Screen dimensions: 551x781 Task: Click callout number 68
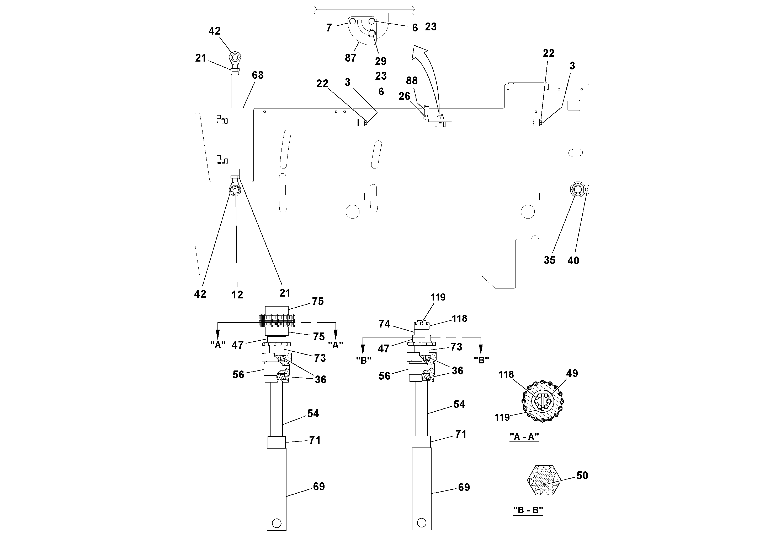[258, 75]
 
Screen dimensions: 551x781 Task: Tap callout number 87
[350, 58]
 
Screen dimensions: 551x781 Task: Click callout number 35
[549, 260]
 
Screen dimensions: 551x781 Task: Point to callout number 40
[573, 260]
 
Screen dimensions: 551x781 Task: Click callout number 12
[237, 294]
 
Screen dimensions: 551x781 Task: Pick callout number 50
[582, 475]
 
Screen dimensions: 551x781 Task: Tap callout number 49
[572, 373]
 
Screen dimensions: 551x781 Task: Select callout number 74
[384, 324]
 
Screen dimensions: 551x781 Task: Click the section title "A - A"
[524, 437]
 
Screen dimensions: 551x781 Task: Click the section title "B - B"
[528, 510]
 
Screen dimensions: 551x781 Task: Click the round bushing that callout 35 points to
[578, 189]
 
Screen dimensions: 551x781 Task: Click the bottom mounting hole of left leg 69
[277, 523]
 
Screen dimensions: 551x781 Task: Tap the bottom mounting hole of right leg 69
[421, 522]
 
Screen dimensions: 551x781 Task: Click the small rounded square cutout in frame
[573, 105]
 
